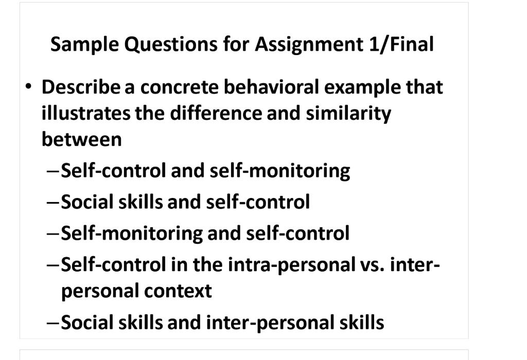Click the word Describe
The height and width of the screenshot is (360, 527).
pos(81,87)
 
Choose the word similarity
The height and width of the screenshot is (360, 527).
pos(348,113)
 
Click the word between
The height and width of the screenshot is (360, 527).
pos(81,139)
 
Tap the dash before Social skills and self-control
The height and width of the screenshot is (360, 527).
pos(52,202)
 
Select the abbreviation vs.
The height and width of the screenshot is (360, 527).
pos(371,265)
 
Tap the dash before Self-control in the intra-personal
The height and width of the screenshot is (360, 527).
pos(52,265)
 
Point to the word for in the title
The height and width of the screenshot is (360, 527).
pos(236,45)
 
